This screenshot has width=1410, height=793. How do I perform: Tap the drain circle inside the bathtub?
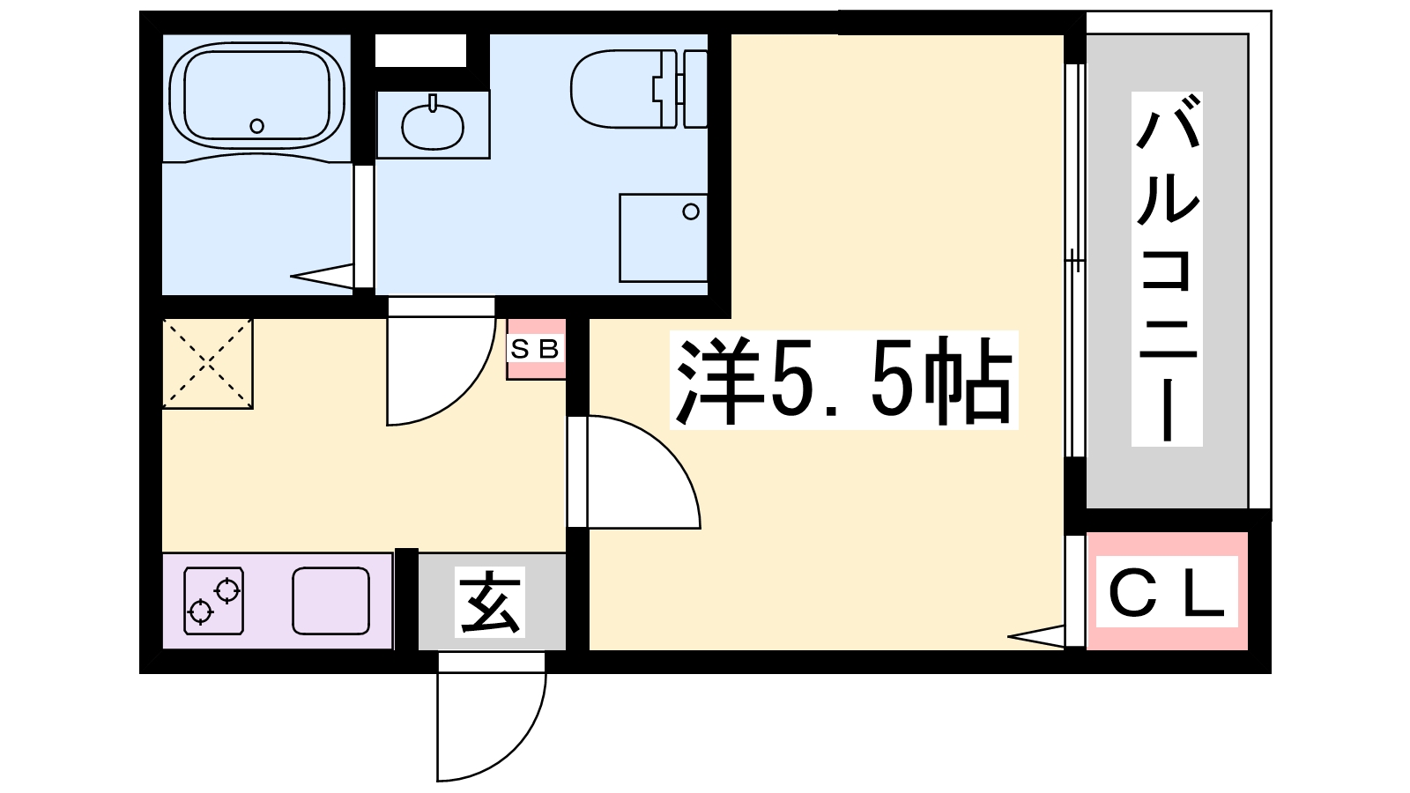click(x=256, y=126)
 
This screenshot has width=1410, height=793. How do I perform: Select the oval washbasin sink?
click(x=433, y=126)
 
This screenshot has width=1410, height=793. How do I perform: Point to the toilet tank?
click(x=694, y=89)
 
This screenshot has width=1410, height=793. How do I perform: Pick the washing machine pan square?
click(x=663, y=238)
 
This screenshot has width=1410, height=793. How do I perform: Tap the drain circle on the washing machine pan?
click(x=691, y=212)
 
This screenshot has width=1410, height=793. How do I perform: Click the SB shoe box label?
click(x=535, y=349)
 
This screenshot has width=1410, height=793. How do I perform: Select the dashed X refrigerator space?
click(x=208, y=364)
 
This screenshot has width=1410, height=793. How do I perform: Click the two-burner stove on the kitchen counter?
click(x=214, y=600)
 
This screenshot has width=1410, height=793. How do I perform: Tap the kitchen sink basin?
click(x=330, y=600)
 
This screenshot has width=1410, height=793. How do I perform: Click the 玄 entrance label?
click(x=490, y=603)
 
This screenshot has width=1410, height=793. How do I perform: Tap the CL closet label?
click(x=1167, y=592)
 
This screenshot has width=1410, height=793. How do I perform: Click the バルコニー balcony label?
click(x=1167, y=270)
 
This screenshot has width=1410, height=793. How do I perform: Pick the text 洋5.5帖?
click(x=843, y=380)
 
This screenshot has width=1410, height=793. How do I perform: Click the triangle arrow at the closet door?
click(x=1036, y=636)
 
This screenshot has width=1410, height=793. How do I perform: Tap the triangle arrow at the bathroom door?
click(x=323, y=277)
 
